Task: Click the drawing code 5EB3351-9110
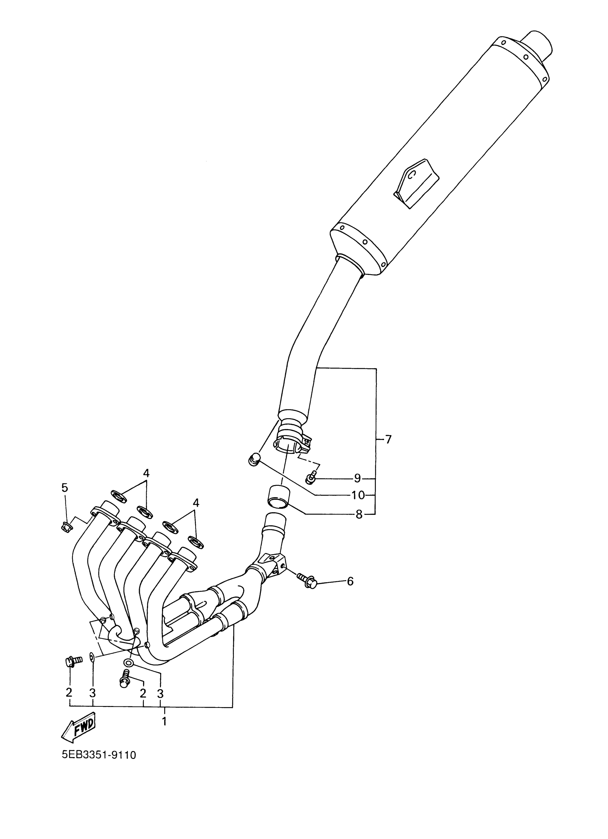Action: (x=99, y=755)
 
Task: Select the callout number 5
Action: (x=65, y=488)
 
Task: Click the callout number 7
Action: (x=388, y=439)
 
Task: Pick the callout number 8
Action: (x=359, y=514)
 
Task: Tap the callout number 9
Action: (x=357, y=478)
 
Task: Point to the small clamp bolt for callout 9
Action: (x=310, y=479)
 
